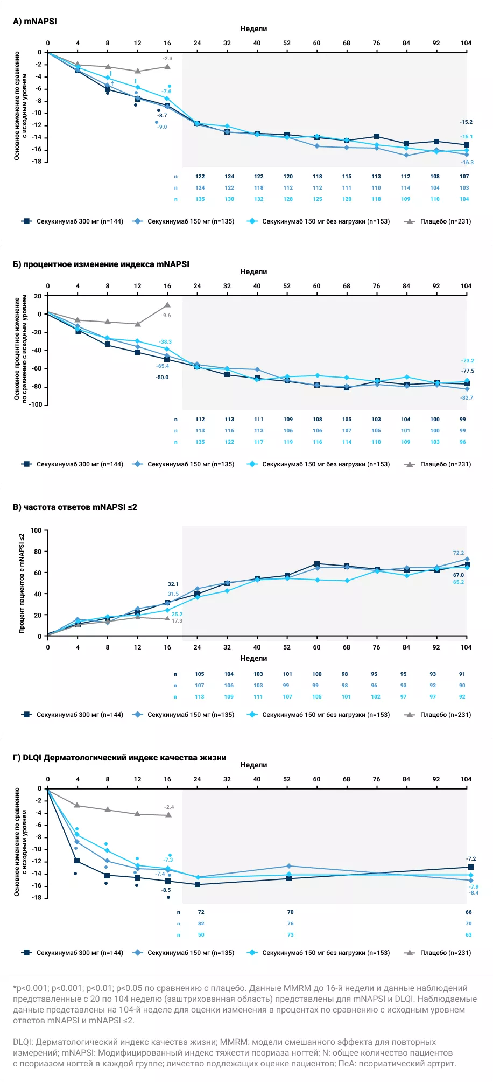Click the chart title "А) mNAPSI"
pos(34,22)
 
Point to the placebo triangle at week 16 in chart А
pos(167,67)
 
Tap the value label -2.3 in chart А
pos(167,58)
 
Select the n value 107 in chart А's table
pos(464,177)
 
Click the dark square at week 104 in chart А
pos(466,145)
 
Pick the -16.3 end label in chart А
pos(467,162)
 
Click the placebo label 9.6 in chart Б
pos(167,316)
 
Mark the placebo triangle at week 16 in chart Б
pos(167,305)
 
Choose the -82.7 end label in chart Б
pos(466,398)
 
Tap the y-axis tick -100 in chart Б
pos(36,404)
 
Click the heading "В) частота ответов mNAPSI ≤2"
pos(75,507)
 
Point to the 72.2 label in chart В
pos(458,553)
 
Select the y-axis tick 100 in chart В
pos(36,530)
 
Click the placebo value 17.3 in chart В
pos(177,621)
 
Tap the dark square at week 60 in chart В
pos(316,564)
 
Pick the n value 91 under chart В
pos(462,674)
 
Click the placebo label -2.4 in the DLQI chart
pos(169,807)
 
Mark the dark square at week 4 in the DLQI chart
pos(78,861)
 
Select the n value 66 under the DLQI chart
pos(468,912)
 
